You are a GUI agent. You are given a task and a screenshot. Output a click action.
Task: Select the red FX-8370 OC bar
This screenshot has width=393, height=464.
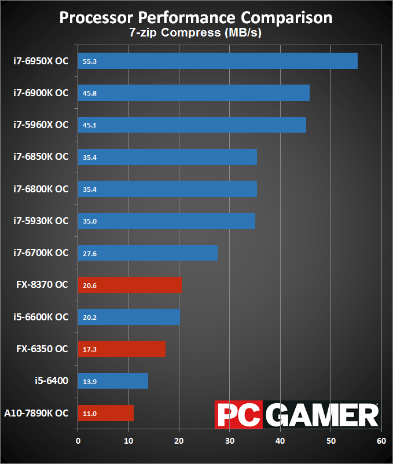point(130,285)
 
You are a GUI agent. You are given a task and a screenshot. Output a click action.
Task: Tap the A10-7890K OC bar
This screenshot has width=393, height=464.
point(106,413)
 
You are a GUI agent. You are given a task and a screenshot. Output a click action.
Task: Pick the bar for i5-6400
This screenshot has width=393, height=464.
point(113,381)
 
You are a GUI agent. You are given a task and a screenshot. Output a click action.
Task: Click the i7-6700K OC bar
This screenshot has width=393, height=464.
point(148,253)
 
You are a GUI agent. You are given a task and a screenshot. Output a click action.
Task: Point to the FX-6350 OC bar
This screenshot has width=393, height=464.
point(122,349)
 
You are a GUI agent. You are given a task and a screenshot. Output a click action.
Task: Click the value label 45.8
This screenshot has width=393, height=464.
point(90,93)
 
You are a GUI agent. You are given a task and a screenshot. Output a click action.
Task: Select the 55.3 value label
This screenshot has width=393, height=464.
point(90,61)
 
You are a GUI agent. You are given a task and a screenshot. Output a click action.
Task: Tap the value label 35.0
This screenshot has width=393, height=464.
point(90,221)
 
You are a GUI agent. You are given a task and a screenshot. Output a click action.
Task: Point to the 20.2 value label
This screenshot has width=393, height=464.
point(90,317)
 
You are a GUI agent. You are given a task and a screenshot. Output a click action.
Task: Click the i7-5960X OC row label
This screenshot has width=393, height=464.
point(41,125)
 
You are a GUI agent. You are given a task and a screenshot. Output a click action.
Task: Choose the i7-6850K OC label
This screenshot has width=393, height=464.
point(41,156)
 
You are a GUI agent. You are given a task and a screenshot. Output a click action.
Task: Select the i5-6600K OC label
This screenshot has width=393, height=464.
point(41,317)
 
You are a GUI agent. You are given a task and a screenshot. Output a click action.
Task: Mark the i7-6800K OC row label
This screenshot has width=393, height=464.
point(41,189)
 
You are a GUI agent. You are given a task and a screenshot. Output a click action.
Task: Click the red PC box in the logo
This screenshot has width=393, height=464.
point(234,415)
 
